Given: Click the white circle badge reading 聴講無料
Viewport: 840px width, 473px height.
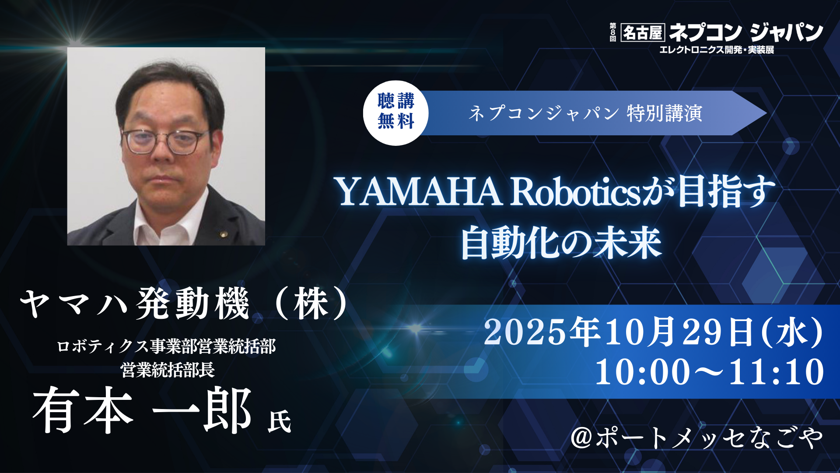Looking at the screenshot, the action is tap(395, 113).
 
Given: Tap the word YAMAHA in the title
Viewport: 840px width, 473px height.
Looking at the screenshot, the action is tap(420, 192).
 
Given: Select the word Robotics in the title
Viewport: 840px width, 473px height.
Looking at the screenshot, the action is tap(576, 192).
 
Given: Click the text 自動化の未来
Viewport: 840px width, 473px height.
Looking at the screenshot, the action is tap(561, 243).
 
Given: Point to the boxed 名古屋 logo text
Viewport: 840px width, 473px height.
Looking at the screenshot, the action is tap(643, 32).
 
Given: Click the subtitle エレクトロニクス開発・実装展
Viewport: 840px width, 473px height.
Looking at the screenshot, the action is tap(717, 50).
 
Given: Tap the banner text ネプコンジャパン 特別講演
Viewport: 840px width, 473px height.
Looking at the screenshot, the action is tap(585, 113).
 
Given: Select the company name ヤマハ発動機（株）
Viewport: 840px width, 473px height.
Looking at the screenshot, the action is tap(184, 304).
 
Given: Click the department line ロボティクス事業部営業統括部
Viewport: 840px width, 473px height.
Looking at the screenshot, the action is tap(167, 346).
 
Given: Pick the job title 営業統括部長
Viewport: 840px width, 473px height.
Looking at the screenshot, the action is tap(168, 370).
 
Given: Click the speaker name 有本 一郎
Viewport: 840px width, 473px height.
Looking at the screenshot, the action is tap(142, 410).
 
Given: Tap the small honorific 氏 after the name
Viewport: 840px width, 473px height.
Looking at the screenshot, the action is tap(280, 421).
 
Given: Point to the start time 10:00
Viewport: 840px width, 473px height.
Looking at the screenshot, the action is tap(642, 372).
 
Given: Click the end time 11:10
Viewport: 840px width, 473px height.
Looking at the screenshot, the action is tap(777, 372).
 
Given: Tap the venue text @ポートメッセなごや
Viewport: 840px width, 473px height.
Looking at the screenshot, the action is tap(697, 438).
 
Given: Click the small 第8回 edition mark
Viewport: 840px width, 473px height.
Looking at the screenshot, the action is tap(613, 32).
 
